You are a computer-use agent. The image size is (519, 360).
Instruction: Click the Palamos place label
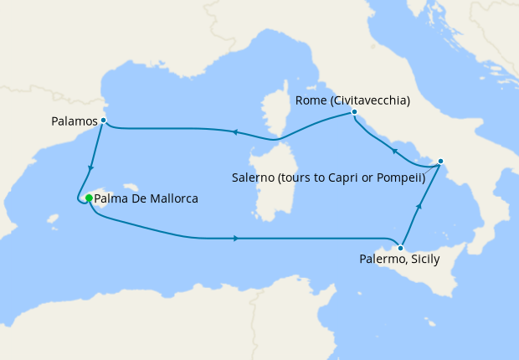click(x=75, y=121)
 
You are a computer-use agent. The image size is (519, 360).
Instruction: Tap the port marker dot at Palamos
click(x=103, y=121)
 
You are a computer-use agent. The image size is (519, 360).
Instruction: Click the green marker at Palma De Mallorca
click(x=89, y=198)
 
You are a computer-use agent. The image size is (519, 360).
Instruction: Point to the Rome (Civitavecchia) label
click(x=352, y=100)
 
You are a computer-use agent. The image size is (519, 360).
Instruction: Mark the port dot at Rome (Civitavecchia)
click(x=355, y=111)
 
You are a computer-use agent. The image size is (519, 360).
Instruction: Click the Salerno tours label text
click(x=326, y=177)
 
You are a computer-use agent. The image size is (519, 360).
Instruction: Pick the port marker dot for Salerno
click(x=441, y=161)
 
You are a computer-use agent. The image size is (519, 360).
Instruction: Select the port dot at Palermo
click(x=402, y=248)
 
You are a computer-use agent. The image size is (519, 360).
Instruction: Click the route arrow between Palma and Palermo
click(x=237, y=239)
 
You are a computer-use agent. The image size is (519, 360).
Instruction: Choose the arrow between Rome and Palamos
click(x=235, y=131)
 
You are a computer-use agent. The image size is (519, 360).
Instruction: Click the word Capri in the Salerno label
click(x=350, y=177)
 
